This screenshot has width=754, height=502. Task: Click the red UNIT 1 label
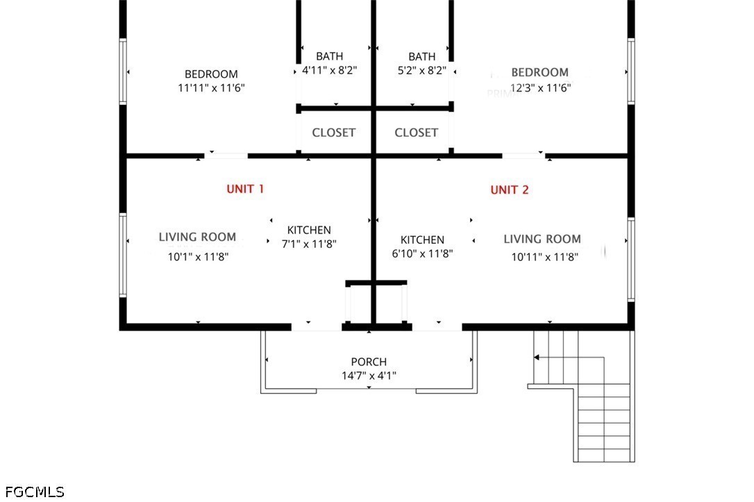(x=245, y=189)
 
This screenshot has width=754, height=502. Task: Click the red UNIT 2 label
(x=510, y=190)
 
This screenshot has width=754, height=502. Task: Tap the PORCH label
(x=368, y=362)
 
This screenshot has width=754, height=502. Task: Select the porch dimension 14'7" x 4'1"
(x=368, y=376)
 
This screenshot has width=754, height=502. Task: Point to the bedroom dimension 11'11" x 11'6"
(x=211, y=88)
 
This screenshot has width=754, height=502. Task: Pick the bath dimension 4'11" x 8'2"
(x=329, y=70)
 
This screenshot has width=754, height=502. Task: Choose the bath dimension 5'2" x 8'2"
(x=421, y=70)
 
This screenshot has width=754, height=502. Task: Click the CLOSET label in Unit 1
(x=333, y=133)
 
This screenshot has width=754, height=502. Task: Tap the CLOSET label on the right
(x=416, y=133)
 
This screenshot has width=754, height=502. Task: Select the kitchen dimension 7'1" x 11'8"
(x=309, y=244)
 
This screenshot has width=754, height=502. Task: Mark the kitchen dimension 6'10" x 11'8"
(x=422, y=254)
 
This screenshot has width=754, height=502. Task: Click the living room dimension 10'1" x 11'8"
(x=198, y=256)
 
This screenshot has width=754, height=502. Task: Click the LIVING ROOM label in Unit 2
(x=542, y=240)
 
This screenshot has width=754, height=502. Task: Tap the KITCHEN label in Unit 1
(x=309, y=230)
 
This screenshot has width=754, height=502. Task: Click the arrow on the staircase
(x=537, y=357)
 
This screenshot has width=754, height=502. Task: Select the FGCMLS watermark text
(x=33, y=492)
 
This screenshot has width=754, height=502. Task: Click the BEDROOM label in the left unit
(x=211, y=74)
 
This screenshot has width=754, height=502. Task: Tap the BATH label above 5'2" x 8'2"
(x=421, y=56)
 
